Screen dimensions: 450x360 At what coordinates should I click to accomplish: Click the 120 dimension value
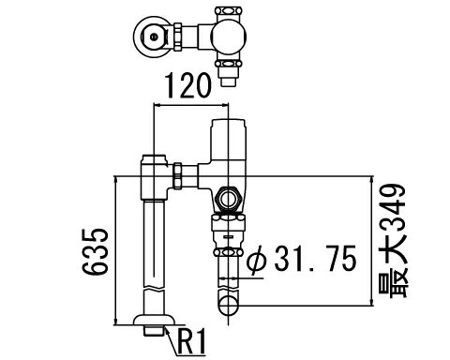point(188,85)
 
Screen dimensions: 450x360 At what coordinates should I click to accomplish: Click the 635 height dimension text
point(96,252)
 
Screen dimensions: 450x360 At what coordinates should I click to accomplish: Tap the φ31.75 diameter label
point(302,258)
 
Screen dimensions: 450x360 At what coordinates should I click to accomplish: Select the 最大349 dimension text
point(393,241)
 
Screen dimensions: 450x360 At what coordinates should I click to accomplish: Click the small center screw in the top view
point(153,37)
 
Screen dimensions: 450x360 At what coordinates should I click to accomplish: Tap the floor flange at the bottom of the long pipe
point(154,320)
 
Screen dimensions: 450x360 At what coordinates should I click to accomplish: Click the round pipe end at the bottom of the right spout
point(229,306)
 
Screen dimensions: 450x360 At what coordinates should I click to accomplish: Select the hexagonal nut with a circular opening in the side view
point(229,199)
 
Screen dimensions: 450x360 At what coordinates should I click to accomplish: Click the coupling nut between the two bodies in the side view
point(178,176)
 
